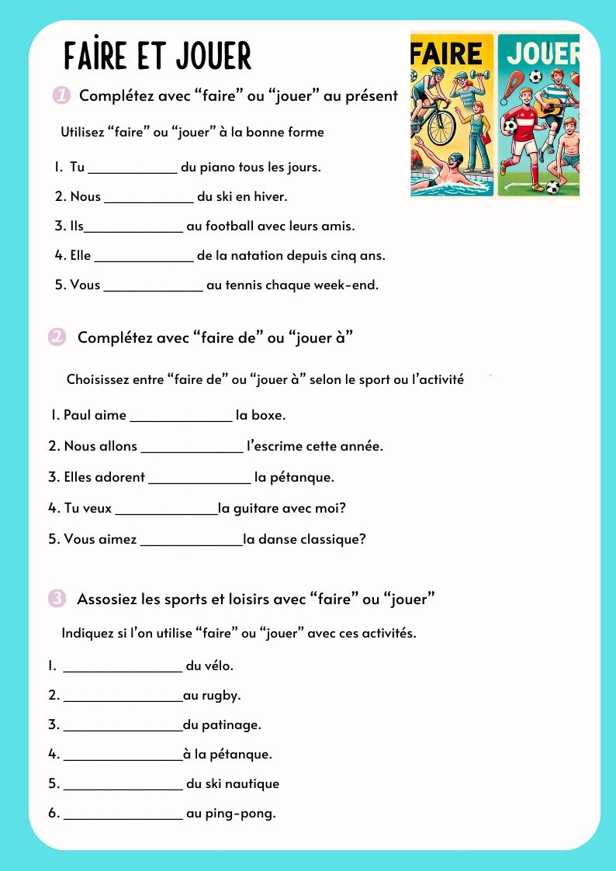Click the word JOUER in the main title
(214, 56)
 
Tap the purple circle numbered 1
(63, 96)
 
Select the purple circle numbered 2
(57, 337)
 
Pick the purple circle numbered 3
(57, 598)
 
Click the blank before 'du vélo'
(122, 666)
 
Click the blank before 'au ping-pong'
(123, 814)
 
